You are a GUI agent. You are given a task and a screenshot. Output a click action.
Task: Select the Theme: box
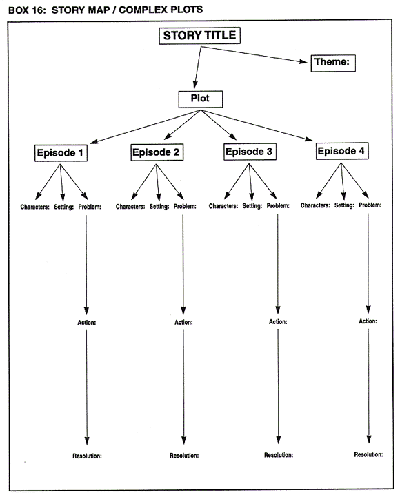tap(332, 63)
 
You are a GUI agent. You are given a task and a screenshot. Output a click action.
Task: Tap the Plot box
tap(200, 99)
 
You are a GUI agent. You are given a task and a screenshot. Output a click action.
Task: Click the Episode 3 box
tap(250, 152)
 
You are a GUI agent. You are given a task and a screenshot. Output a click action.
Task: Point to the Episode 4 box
tap(343, 151)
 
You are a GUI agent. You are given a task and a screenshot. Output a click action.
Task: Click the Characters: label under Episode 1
tap(34, 206)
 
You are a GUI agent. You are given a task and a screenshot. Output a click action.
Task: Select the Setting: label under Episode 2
tap(159, 206)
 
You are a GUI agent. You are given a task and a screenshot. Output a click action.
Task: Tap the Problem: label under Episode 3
tap(278, 205)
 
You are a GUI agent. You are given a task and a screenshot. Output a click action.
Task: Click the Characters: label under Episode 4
tap(318, 205)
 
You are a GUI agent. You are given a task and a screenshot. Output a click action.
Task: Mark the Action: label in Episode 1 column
tap(87, 322)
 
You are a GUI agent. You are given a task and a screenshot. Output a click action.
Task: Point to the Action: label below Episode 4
tap(368, 321)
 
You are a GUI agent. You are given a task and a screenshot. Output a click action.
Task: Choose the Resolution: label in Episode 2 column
tap(184, 456)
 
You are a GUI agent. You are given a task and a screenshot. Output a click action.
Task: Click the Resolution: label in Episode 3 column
tap(279, 455)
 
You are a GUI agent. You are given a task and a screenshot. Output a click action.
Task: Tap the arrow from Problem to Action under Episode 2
tap(183, 262)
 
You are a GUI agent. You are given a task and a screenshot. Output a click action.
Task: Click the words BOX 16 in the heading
tap(23, 8)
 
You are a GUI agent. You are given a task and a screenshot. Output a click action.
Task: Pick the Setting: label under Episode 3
tap(252, 205)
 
